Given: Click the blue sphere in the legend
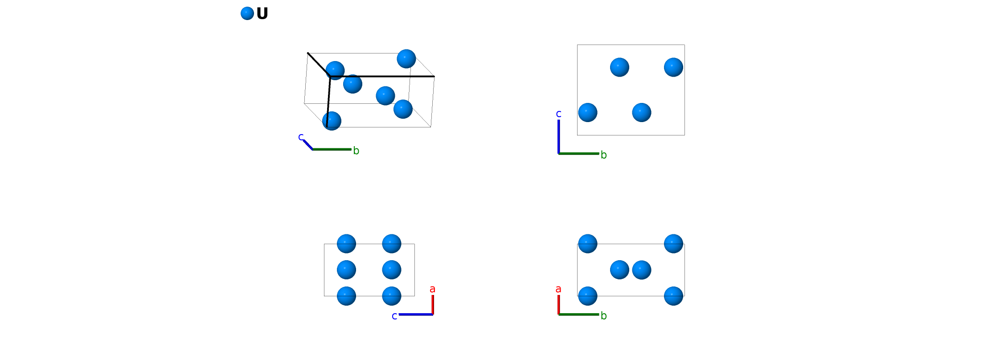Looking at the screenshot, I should click(247, 13).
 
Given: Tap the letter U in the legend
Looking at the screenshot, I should click(262, 14).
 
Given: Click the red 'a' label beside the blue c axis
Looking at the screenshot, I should click(432, 289).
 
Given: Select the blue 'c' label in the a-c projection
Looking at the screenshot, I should click(394, 316).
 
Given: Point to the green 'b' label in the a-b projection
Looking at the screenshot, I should click(603, 316).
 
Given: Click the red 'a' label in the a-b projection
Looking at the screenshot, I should click(558, 289).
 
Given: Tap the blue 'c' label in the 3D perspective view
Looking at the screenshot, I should click(301, 137).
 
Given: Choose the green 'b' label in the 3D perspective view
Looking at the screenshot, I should click(356, 151).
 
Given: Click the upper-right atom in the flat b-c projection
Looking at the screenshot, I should click(673, 67).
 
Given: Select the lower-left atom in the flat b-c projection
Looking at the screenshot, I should click(588, 112).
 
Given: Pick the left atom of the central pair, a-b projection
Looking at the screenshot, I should click(619, 270).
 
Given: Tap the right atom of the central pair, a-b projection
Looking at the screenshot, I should click(642, 270).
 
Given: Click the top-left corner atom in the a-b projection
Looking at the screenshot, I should click(588, 244).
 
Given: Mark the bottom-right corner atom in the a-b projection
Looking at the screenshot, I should click(673, 296).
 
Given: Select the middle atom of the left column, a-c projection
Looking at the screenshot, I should click(346, 270).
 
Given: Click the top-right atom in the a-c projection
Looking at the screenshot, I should click(392, 244).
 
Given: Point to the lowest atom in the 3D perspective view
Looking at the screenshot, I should click(332, 121).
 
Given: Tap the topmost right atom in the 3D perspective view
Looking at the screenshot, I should click(406, 59).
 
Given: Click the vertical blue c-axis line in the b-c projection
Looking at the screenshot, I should click(559, 136).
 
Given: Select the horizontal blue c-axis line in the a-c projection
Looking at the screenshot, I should click(415, 315).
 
